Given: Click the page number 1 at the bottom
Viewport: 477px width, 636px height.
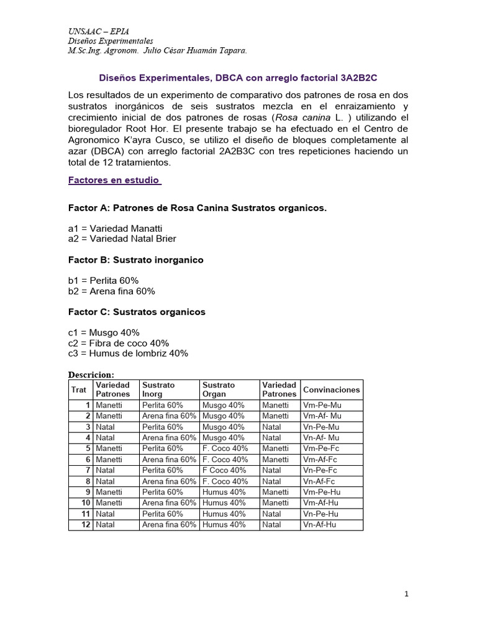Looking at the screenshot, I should click(406, 594).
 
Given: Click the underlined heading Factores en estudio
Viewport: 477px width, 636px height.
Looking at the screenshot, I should click(114, 180).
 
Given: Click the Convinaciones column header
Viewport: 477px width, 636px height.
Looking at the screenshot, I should click(331, 389).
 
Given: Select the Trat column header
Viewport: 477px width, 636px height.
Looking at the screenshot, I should click(79, 389).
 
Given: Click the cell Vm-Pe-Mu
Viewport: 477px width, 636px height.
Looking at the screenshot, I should click(322, 405).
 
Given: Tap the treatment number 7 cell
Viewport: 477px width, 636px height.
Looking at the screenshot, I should click(88, 470).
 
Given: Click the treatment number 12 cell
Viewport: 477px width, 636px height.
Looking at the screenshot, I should click(86, 525).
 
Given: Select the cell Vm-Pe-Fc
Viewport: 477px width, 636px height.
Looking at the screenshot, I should click(321, 448).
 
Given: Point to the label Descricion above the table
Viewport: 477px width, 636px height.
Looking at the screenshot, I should click(91, 375).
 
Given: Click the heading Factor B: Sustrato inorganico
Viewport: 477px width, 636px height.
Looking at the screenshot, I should click(136, 260).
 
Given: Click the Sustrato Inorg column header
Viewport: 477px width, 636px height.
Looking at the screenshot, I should click(159, 389).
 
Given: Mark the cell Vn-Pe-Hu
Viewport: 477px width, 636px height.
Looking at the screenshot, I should click(320, 514).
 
